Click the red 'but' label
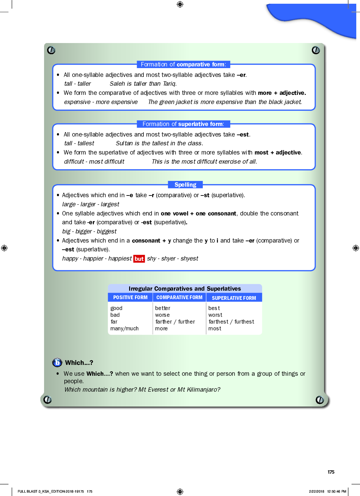coord(139,259)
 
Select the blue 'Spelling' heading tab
coord(185,185)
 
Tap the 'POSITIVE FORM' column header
coord(130,297)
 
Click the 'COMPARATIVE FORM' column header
coord(179,297)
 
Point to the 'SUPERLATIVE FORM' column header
coord(234,298)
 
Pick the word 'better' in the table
coord(163,308)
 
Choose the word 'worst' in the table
coord(215,315)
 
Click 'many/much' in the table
coord(124,329)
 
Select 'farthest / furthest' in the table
coord(231,322)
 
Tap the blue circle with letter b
coord(57,363)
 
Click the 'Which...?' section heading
coord(79,363)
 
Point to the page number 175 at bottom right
coord(331,472)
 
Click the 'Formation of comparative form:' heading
coord(183,64)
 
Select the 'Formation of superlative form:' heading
coord(183,124)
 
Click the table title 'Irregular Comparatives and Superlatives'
coord(185,289)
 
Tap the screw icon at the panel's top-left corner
coord(51,50)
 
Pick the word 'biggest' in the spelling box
coord(106,231)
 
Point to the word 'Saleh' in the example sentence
coord(117,84)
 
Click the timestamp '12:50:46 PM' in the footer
coord(337,491)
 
